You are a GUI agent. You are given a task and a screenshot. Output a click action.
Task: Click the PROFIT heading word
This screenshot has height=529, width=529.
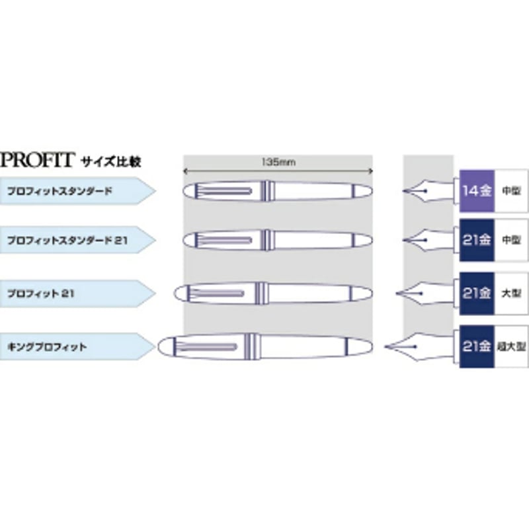click(36, 160)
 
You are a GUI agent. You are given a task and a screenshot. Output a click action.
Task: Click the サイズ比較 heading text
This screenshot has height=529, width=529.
click(110, 161)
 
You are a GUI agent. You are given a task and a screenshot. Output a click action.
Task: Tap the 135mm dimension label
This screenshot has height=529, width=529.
click(278, 162)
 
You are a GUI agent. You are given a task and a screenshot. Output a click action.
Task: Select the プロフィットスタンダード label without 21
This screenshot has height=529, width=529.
click(60, 191)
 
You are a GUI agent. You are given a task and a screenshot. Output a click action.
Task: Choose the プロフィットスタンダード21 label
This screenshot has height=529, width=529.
click(67, 241)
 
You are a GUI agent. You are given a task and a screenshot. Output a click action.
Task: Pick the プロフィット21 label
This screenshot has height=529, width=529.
click(40, 294)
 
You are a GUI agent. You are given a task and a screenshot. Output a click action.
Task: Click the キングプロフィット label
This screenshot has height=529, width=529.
click(47, 346)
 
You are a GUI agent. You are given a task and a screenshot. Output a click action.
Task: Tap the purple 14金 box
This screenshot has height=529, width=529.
click(477, 191)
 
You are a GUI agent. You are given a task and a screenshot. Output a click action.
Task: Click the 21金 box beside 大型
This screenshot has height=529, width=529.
click(477, 294)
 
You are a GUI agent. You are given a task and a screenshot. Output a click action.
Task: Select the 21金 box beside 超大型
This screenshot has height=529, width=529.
click(477, 346)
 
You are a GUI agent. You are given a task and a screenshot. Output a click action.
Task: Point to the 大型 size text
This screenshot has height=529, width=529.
click(511, 294)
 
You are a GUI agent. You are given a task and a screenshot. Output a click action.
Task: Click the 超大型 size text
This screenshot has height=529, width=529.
click(511, 346)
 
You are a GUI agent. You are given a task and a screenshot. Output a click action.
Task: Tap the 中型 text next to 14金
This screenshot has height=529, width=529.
click(511, 191)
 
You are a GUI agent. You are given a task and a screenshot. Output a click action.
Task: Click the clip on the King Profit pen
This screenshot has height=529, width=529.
click(206, 346)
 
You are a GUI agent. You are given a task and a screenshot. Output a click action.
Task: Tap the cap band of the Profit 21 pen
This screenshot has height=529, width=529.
click(261, 293)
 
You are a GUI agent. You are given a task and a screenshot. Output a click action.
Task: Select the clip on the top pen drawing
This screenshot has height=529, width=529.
click(224, 191)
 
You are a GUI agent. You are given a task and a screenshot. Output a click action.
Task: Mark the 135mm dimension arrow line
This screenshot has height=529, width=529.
click(278, 171)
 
